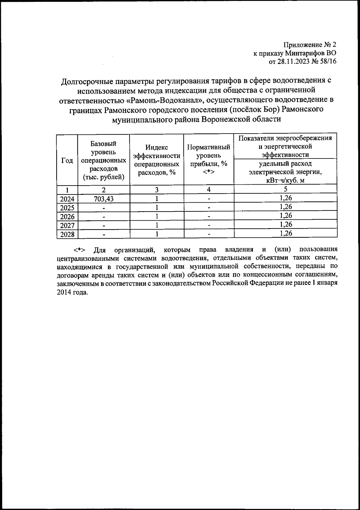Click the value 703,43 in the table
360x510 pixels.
[103, 199]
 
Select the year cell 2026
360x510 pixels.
[67, 216]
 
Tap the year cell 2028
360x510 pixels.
[67, 234]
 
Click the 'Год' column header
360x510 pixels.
[67, 161]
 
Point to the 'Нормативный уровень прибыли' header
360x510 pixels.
[208, 159]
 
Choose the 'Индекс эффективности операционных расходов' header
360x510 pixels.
[156, 160]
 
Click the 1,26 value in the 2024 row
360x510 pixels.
[285, 198]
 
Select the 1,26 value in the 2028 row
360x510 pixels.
[285, 233]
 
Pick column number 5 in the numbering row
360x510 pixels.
[285, 189]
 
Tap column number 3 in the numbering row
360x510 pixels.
[156, 190]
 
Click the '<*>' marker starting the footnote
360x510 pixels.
[79, 250]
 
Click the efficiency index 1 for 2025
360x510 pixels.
[156, 207]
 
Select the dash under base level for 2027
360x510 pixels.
[103, 225]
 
